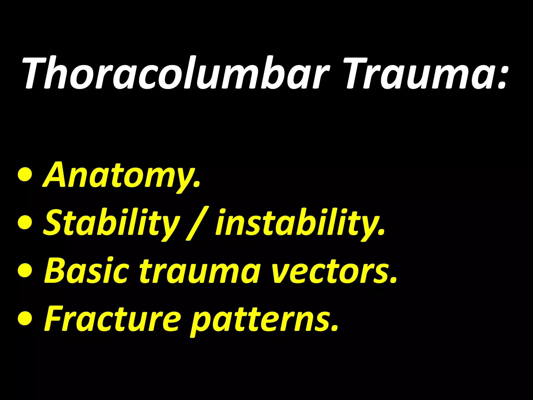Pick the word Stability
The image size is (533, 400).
(111, 223)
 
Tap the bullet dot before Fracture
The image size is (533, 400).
(26, 319)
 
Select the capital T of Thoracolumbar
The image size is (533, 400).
(36, 73)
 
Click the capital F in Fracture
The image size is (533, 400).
(53, 319)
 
